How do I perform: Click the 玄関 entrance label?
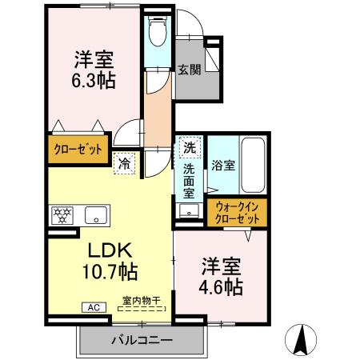[189, 69]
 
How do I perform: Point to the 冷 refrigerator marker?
[126, 162]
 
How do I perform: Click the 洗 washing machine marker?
[190, 147]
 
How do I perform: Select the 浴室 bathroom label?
[223, 166]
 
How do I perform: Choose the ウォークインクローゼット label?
[238, 213]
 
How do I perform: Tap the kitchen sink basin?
[97, 214]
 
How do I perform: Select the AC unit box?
[92, 306]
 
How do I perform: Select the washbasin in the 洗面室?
[189, 211]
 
